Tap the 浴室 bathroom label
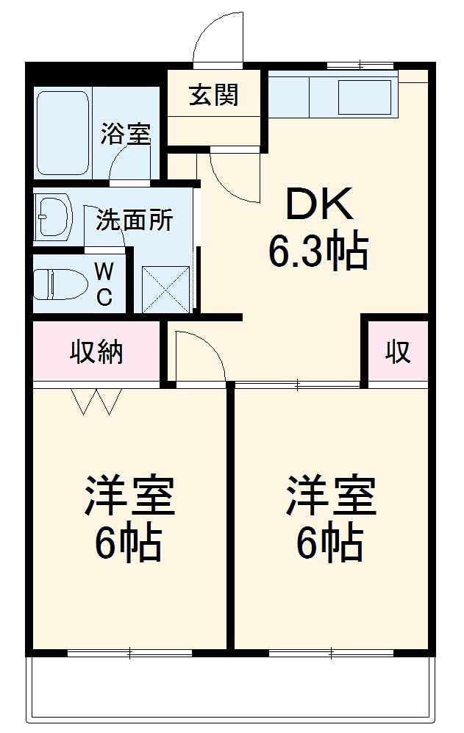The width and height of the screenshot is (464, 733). coord(126,135)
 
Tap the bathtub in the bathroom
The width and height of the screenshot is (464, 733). coord(63,132)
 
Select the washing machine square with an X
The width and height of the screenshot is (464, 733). coord(165,287)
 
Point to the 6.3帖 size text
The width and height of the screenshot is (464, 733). coord(318,253)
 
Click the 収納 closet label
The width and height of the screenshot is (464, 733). coord(96,353)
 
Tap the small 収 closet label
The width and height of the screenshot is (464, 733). coord(398,353)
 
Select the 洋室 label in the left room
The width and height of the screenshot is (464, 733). coord(129,496)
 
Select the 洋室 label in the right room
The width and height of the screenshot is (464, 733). coord(332,496)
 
